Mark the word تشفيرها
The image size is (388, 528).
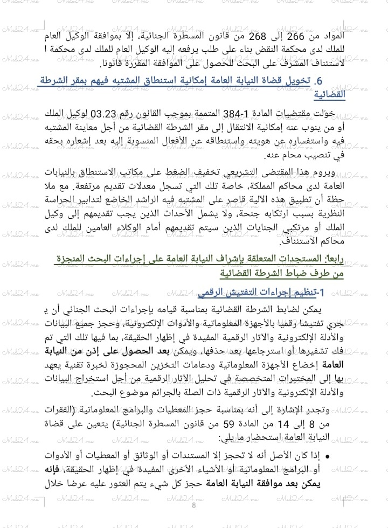coord(332,352)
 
